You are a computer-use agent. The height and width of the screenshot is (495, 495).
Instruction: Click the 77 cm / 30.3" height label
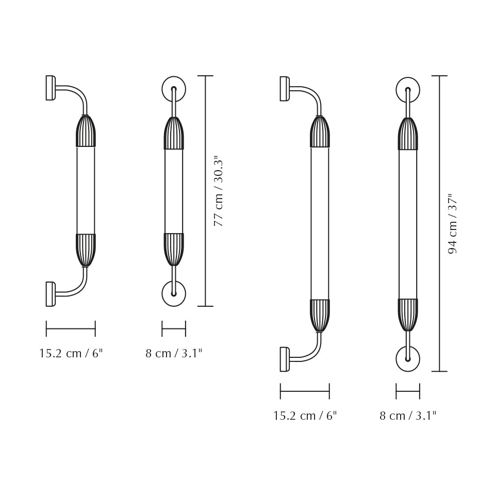pos(219,191)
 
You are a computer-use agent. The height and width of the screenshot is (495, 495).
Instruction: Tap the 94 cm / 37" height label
pos(453,224)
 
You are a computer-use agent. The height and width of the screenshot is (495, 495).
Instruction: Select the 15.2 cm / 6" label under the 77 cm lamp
pos(71,354)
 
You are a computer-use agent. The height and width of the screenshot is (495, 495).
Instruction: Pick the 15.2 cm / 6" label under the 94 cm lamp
pos(305,416)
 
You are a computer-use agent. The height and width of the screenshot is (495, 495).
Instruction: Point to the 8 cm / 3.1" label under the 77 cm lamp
pos(174,354)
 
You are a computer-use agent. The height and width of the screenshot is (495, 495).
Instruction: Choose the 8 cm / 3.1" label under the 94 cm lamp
pos(408,416)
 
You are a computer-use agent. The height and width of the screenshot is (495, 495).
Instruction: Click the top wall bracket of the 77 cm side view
pos(50,88)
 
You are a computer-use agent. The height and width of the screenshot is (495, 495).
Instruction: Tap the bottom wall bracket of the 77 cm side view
pos(50,294)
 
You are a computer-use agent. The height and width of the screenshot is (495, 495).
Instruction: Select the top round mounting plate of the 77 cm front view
pos(174,89)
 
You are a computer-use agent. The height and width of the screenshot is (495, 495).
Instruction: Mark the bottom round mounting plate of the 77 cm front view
pos(174,293)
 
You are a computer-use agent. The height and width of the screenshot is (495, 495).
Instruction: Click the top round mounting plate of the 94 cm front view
pos(408,89)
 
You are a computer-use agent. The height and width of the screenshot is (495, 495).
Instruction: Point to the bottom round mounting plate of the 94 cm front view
pos(408,359)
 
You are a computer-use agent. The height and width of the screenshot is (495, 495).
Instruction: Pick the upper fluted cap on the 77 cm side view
pos(86,132)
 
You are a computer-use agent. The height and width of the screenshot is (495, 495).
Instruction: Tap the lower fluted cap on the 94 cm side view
pos(320,315)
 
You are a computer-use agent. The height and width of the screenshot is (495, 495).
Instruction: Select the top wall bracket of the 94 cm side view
pos(284,89)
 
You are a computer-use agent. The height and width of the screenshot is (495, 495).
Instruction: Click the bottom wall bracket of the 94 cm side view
pos(284,359)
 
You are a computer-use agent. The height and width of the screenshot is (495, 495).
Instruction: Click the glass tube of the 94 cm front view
pos(408,224)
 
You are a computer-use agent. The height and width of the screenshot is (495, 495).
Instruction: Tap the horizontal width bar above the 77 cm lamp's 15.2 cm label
pos(71,328)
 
